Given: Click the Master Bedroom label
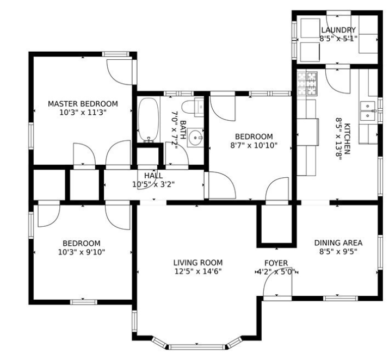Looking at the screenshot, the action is tap(83, 104).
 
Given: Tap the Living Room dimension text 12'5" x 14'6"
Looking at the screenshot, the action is tap(198, 271).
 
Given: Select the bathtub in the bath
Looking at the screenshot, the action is tap(149, 120).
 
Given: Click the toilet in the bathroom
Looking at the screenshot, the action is tap(192, 107).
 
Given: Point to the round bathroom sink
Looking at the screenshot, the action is tap(195, 138).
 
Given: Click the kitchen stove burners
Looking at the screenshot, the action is tap(307, 84).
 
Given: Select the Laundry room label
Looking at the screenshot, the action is tap(338, 30).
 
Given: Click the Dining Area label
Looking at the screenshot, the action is tap(338, 243).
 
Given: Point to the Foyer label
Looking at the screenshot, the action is tap(276, 263).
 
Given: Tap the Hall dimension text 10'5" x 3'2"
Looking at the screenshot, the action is tap(153, 184).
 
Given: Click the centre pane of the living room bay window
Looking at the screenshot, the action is tap(197, 346).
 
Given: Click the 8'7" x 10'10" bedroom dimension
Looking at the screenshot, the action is tap(254, 145).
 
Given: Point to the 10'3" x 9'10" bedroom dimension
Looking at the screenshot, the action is tap(82, 252).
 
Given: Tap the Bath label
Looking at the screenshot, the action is tap(183, 129).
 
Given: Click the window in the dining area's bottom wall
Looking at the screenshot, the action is tap(341, 298).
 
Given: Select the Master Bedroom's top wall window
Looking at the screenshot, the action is tap(116, 54).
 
